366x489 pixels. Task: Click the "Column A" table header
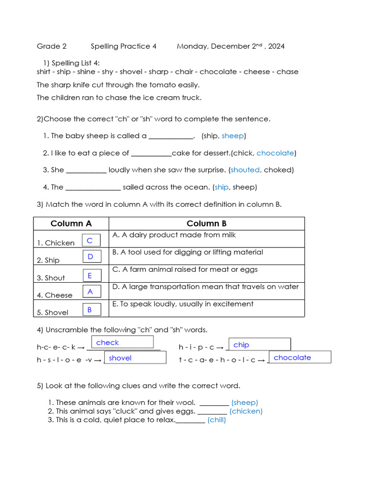pyautogui.click(x=71, y=223)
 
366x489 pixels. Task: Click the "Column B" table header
pyautogui.click(x=206, y=223)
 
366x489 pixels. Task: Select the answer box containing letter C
pyautogui.click(x=91, y=241)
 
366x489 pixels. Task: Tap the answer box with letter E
pyautogui.click(x=91, y=276)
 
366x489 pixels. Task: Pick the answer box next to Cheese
pyautogui.click(x=91, y=291)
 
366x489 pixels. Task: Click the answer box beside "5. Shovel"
pyautogui.click(x=91, y=310)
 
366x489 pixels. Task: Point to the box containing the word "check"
pyautogui.click(x=123, y=342)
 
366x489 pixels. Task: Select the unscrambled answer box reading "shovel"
pyautogui.click(x=135, y=358)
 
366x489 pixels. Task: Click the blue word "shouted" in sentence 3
pyautogui.click(x=245, y=170)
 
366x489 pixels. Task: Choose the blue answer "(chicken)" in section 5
pyautogui.click(x=246, y=411)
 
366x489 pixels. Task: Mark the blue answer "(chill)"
pyautogui.click(x=216, y=420)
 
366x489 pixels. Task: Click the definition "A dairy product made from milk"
pyautogui.click(x=174, y=235)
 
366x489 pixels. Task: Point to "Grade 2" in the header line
pyautogui.click(x=51, y=46)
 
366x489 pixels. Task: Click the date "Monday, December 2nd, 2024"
pyautogui.click(x=231, y=46)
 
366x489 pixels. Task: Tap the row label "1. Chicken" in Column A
pyautogui.click(x=56, y=243)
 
